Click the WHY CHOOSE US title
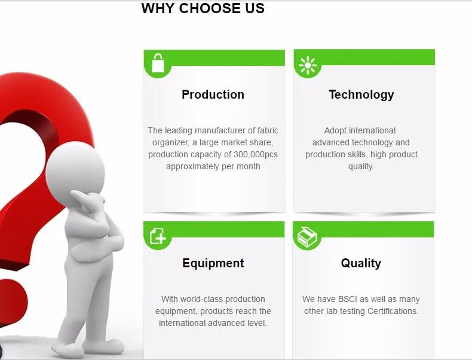[x=203, y=8]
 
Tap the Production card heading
[x=213, y=94]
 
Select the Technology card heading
[x=361, y=95]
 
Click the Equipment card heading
[x=213, y=263]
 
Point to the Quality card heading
[x=361, y=263]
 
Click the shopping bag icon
[x=158, y=63]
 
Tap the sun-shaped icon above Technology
[x=308, y=65]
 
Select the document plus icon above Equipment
[x=158, y=236]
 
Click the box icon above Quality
[x=307, y=237]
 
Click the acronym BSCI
[x=348, y=299]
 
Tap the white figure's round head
[x=75, y=171]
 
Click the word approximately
[x=192, y=167]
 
